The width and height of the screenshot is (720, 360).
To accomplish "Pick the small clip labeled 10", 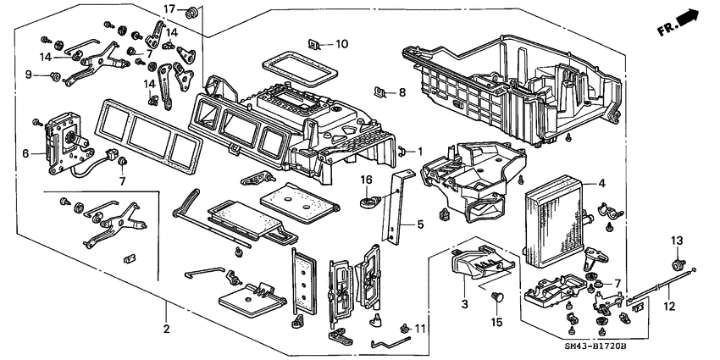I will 316,44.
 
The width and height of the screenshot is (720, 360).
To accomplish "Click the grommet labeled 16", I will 370,203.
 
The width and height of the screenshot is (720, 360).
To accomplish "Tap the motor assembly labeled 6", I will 62,139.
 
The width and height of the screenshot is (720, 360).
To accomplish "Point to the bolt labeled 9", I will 55,77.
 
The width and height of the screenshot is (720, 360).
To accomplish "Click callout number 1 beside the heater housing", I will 418,151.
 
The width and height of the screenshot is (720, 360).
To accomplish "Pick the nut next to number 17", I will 191,11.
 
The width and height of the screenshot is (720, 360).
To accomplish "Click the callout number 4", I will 602,184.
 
